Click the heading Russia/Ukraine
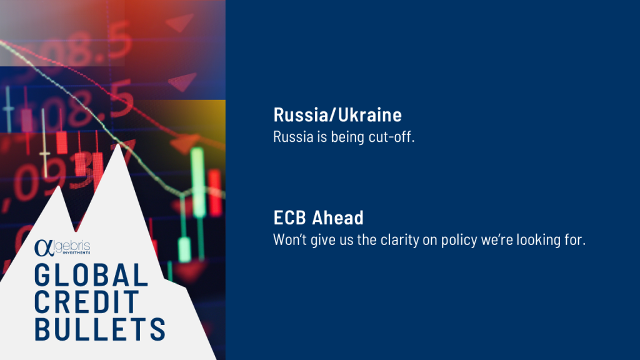337,115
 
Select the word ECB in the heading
290,217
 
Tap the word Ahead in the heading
338,217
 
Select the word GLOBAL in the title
91,275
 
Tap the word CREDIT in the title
87,302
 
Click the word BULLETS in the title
100,329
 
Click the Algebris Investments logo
62,247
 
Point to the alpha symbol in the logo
44,248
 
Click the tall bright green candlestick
197,182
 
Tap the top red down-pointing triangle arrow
180,22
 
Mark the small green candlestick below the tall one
184,249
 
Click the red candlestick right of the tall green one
215,192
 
